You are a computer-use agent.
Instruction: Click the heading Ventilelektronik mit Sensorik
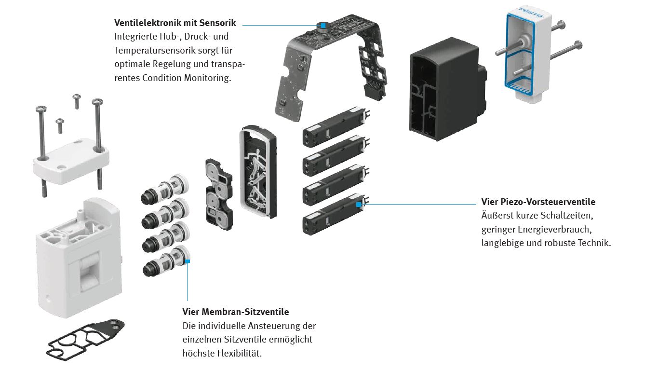[175, 23]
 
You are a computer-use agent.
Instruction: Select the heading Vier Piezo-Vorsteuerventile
[538, 202]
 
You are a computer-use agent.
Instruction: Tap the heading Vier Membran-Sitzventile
[236, 312]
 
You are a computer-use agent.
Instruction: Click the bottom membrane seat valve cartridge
[164, 262]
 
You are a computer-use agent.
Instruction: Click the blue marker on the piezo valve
[359, 205]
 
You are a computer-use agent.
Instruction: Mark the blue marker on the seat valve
[188, 261]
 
